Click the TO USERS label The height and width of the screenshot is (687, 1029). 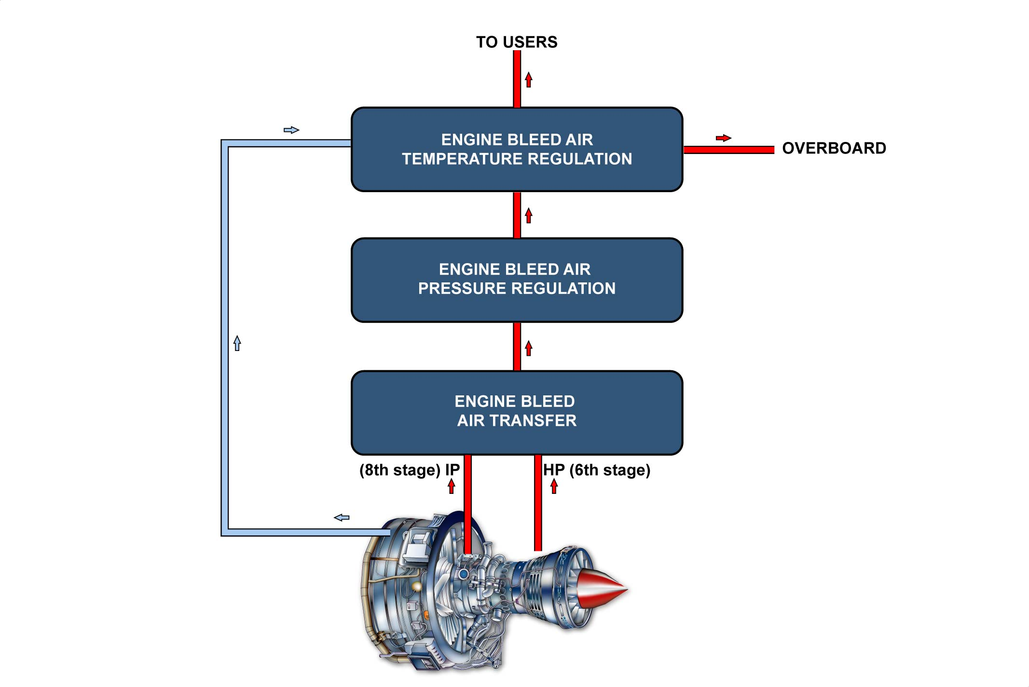click(x=516, y=42)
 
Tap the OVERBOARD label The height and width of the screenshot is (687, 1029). click(x=834, y=148)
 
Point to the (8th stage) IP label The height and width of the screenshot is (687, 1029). click(x=409, y=470)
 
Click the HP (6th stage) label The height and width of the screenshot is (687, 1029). click(x=597, y=470)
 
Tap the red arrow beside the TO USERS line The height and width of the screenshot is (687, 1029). click(x=529, y=80)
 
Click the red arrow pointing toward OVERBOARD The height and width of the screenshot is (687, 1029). click(x=723, y=138)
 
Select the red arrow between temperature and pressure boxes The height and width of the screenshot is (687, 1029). click(x=529, y=215)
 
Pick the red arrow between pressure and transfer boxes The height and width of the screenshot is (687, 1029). click(x=529, y=348)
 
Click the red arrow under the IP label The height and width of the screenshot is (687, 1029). click(x=452, y=486)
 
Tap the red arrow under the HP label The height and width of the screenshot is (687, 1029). click(x=554, y=486)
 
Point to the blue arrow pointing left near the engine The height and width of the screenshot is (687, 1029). click(x=342, y=518)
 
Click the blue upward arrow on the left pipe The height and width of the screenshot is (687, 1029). click(x=237, y=343)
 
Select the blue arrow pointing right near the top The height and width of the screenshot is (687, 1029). click(x=291, y=130)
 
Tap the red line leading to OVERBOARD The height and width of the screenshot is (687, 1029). click(x=728, y=150)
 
